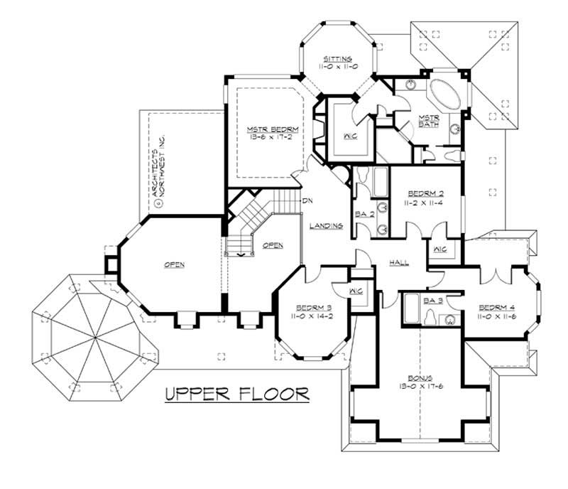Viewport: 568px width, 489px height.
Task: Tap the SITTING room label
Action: (x=335, y=59)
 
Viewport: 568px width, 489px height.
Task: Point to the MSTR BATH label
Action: (x=428, y=122)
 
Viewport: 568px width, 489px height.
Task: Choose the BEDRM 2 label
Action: (x=426, y=193)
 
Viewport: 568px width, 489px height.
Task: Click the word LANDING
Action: (x=327, y=226)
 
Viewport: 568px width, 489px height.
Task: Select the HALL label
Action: (x=399, y=263)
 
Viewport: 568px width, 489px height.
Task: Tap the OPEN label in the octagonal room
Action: (x=175, y=265)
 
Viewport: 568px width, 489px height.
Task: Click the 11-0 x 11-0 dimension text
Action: (x=335, y=67)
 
